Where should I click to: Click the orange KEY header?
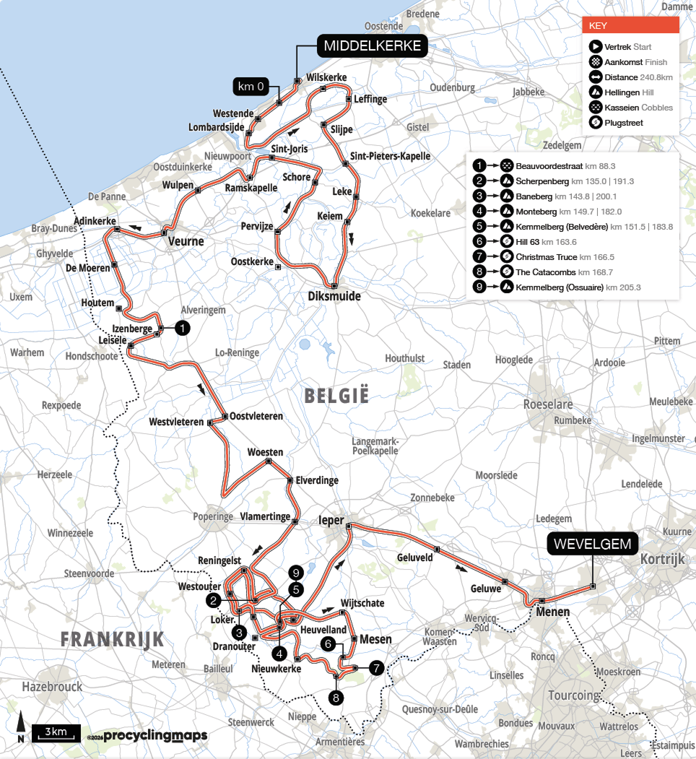click(630, 25)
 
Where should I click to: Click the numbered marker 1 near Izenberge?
click(183, 328)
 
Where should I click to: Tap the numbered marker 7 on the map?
click(376, 668)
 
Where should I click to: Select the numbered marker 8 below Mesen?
click(335, 698)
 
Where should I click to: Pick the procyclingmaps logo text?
click(155, 736)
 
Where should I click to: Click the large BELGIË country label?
click(336, 396)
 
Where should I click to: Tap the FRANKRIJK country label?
click(112, 639)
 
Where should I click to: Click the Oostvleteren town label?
click(257, 417)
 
